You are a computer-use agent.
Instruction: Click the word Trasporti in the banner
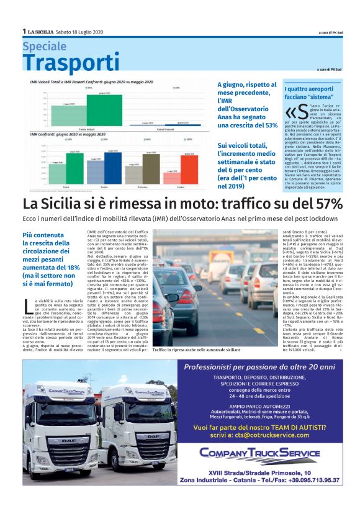click(x=63, y=63)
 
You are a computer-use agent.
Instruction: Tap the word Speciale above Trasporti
click(x=44, y=47)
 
